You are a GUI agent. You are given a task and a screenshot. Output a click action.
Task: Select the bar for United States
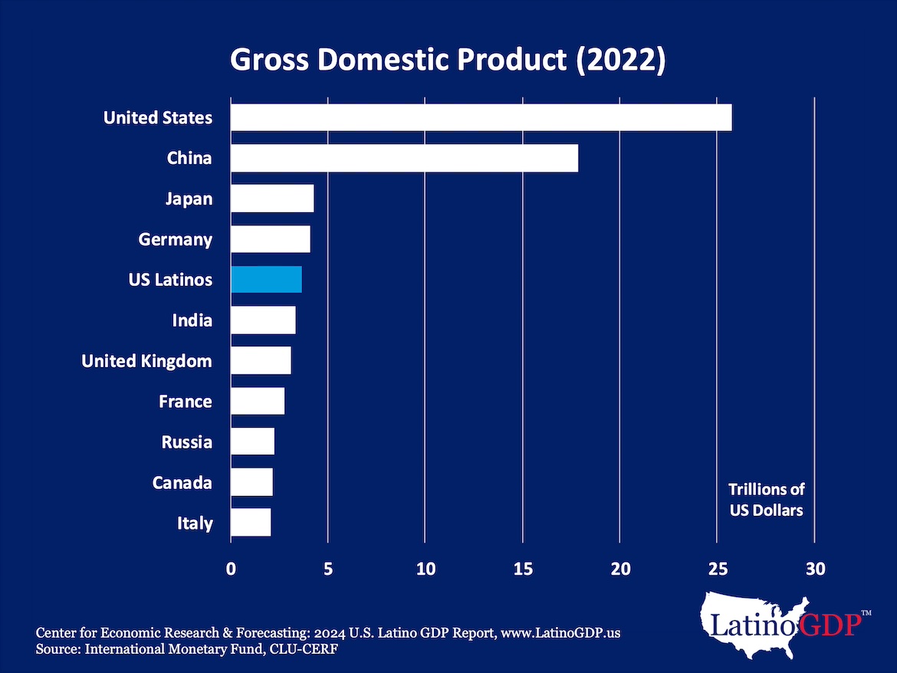tap(481, 118)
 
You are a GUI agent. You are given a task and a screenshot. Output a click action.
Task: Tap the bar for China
tap(404, 159)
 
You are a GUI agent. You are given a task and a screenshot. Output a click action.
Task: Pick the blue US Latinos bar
tap(266, 280)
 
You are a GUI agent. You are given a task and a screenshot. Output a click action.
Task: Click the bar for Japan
tap(272, 199)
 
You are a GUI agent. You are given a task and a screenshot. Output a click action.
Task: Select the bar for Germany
tap(270, 239)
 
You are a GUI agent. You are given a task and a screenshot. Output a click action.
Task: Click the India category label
tap(192, 320)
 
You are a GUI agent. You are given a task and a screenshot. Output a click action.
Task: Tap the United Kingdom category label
tap(146, 361)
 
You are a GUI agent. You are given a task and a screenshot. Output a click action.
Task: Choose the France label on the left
tap(185, 402)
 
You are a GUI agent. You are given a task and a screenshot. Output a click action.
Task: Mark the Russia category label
tap(186, 442)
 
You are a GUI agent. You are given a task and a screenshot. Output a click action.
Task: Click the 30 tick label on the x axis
tap(814, 570)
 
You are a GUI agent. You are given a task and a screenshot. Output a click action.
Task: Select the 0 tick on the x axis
tap(231, 570)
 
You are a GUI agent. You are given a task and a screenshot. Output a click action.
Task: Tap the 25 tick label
tap(717, 570)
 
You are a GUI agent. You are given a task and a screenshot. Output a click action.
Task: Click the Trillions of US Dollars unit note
tap(766, 499)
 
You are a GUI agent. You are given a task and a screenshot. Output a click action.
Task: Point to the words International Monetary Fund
tap(153, 649)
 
